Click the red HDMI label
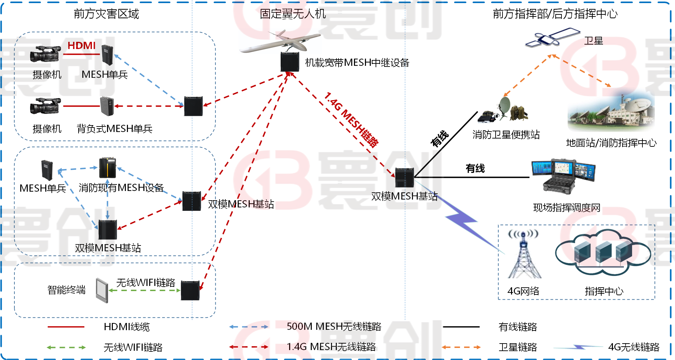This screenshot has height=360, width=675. (82, 46)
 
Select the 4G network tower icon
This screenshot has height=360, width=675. (524, 254)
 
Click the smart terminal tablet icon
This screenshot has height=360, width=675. (102, 290)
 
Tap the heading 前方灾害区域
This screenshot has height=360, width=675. (106, 14)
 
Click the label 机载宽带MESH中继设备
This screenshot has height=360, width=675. (357, 63)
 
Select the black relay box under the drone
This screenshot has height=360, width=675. (290, 62)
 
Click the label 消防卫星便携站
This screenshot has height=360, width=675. (506, 135)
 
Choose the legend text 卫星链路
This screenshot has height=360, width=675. (518, 347)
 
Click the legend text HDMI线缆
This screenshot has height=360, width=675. (127, 327)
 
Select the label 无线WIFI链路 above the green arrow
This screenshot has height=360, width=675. (146, 283)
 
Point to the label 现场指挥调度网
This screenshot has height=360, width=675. (567, 208)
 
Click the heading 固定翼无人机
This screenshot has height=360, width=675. (293, 14)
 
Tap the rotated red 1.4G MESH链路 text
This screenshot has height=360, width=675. (352, 119)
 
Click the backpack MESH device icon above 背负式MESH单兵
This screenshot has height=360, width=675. (107, 106)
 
